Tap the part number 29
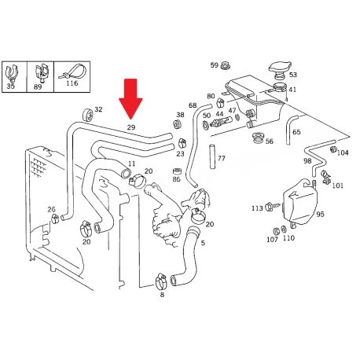pos(131,127)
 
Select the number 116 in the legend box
pos(72,83)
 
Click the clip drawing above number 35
pos(12,72)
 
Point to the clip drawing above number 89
pos(41,73)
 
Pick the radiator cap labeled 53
pos(280,68)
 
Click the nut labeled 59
pos(225,65)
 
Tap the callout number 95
pos(320,214)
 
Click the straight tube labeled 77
pos(212,156)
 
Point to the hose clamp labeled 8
pos(160,281)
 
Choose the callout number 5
pos(203,243)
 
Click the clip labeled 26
pos(54,219)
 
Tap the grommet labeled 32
pos(87,115)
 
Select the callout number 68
pos(193,105)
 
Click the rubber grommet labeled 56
pos(258,138)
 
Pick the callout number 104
pos(343,152)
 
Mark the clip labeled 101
pos(325,177)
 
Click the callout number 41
pos(292,90)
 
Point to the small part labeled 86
pos(177,171)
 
